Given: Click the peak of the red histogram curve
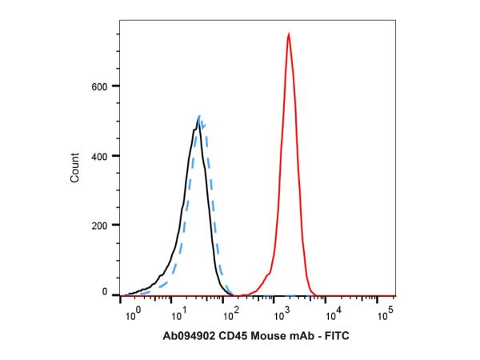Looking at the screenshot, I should click(288, 34).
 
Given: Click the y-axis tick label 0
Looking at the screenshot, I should click(106, 294).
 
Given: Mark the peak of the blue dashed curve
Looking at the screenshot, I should click(200, 118).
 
